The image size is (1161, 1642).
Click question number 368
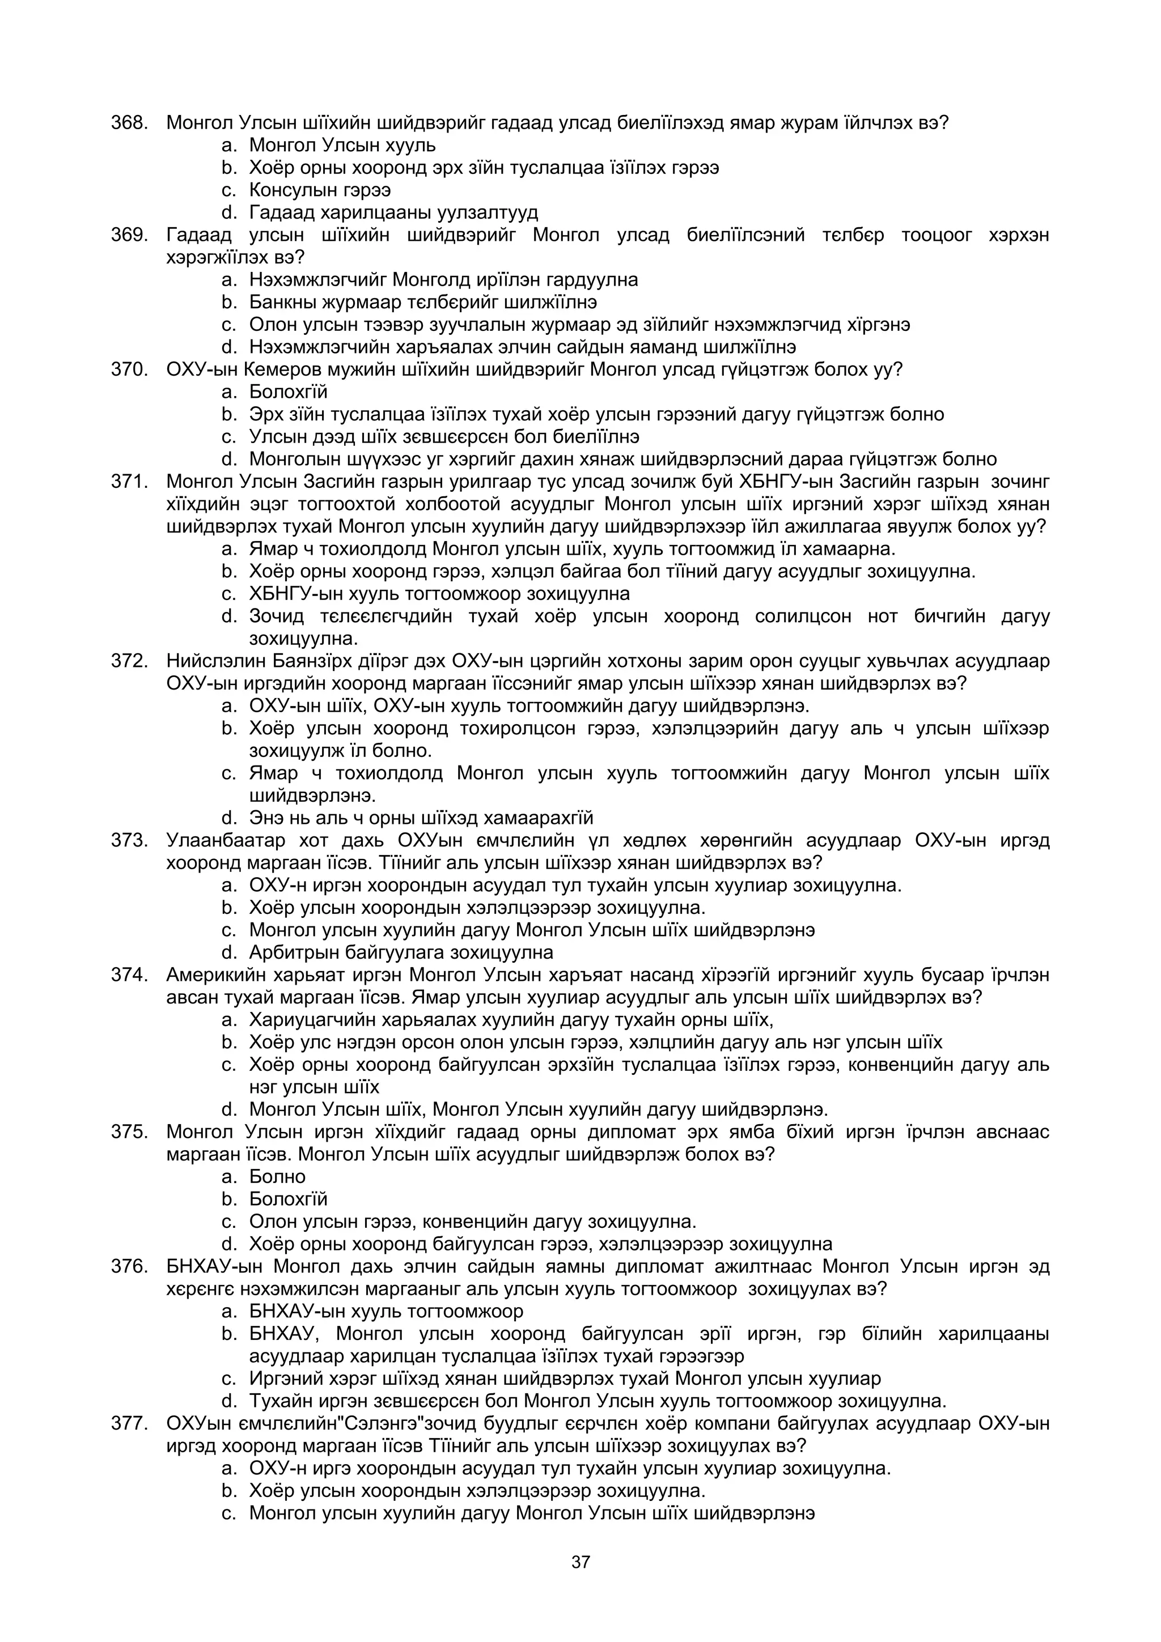[x=129, y=123]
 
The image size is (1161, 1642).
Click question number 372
[x=129, y=661]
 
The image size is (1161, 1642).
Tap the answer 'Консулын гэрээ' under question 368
[x=320, y=190]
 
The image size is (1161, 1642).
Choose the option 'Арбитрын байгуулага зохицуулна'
[x=401, y=952]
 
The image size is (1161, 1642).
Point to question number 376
[x=129, y=1266]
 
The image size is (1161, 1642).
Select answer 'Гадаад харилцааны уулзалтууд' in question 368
[x=393, y=213]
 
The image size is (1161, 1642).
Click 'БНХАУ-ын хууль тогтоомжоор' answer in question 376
[x=386, y=1312]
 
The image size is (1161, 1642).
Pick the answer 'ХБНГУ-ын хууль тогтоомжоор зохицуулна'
[x=439, y=594]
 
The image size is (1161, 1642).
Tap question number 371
[x=129, y=481]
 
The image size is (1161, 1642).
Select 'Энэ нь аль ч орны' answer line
[x=421, y=818]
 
